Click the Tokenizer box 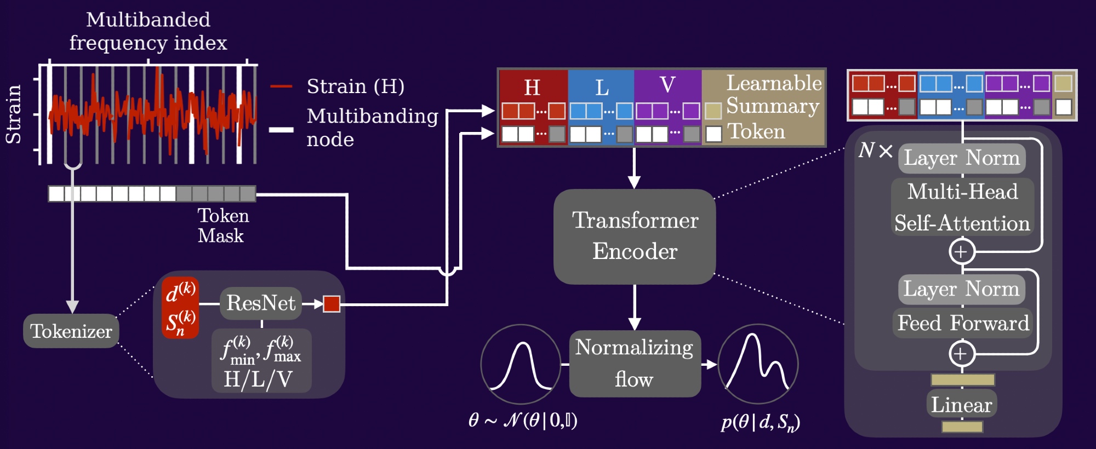click(x=71, y=331)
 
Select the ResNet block click(x=261, y=303)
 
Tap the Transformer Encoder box click(x=635, y=236)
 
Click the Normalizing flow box click(x=635, y=364)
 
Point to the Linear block click(x=962, y=405)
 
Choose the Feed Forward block click(x=963, y=323)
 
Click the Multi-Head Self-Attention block click(x=962, y=207)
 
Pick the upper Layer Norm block click(x=962, y=158)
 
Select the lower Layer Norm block click(x=961, y=289)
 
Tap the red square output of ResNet click(x=332, y=303)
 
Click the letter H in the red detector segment click(x=532, y=87)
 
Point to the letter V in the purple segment click(x=667, y=85)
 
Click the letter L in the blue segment click(x=602, y=88)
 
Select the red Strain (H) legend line click(x=281, y=87)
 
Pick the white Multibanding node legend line click(x=281, y=130)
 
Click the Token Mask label click(x=222, y=226)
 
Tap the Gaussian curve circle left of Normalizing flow click(x=521, y=364)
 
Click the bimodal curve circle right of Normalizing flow click(x=758, y=364)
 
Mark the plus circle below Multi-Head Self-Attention click(x=962, y=252)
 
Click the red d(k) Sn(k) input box click(x=180, y=308)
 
